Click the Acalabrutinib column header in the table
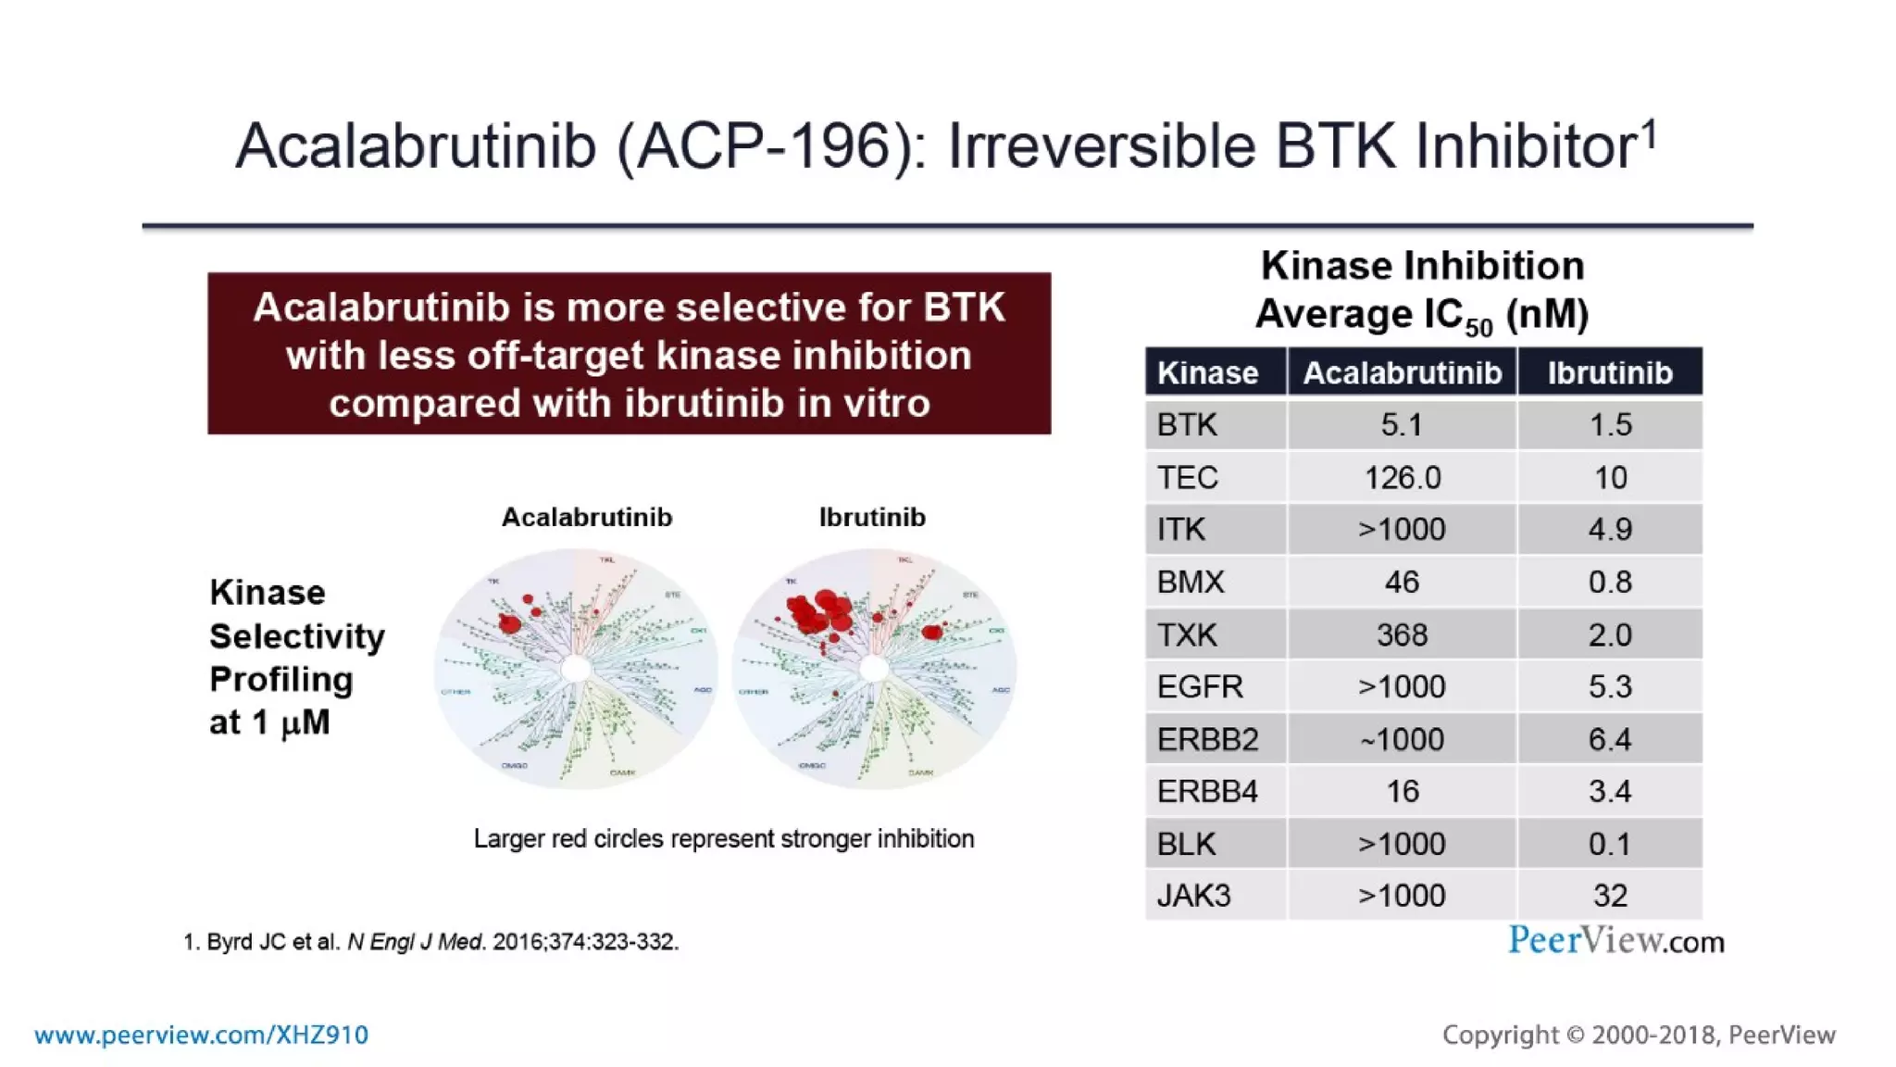point(1402,373)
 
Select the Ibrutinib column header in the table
point(1610,373)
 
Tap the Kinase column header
point(1207,373)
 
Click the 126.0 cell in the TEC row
point(1402,478)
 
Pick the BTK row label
point(1187,425)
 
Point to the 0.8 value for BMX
point(1610,583)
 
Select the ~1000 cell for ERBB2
point(1402,740)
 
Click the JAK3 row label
point(1193,896)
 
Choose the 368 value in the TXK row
point(1402,635)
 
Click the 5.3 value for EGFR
point(1610,687)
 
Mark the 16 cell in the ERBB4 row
point(1402,792)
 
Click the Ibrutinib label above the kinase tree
point(872,518)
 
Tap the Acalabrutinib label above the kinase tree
point(587,518)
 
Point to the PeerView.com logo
point(1615,941)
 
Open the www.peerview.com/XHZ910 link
point(201,1036)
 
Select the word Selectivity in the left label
point(297,637)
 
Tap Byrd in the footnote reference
point(231,942)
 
